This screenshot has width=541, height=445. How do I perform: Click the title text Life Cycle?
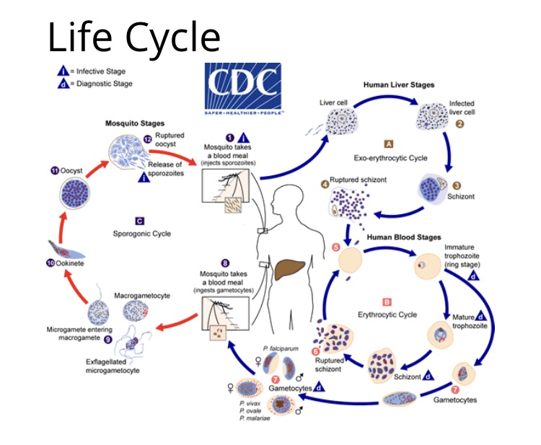[x=133, y=37]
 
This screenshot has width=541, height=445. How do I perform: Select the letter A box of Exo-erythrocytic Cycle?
[x=389, y=144]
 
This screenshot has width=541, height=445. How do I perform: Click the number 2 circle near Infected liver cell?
[x=458, y=124]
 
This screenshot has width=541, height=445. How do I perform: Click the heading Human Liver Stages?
[x=400, y=85]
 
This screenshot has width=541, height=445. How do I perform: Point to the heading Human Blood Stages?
[x=400, y=236]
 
